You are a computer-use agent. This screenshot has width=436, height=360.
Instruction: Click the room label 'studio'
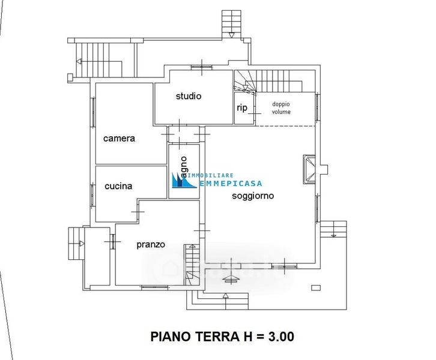point(188,96)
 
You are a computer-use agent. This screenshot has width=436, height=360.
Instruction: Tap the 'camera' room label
point(119,138)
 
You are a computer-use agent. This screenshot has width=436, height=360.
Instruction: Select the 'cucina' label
point(118,186)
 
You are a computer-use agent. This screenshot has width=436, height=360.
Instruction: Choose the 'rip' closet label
point(242,108)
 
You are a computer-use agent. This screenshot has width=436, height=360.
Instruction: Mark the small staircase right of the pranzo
point(191,264)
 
